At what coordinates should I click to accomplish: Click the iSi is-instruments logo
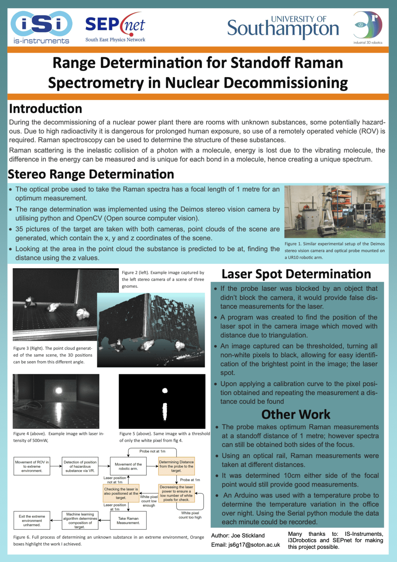point(41,27)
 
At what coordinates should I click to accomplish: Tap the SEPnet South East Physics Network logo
point(115,27)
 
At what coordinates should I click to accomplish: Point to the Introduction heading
point(46,109)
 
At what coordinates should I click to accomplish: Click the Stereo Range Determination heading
point(91,174)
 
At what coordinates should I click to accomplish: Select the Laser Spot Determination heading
point(296,274)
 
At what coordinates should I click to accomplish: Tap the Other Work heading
point(296,414)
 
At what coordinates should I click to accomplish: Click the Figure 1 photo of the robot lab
point(335,212)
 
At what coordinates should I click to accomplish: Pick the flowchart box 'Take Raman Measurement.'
point(128,521)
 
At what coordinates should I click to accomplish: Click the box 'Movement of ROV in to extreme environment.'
point(32,466)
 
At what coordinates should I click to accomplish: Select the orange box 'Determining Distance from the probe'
point(176,466)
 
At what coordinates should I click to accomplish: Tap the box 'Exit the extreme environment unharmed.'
point(32,521)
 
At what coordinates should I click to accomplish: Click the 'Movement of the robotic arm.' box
point(128,466)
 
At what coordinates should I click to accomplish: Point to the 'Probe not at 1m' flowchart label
point(152,451)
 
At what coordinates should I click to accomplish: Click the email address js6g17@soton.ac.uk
point(254,545)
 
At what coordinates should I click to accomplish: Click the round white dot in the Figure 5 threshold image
point(165,391)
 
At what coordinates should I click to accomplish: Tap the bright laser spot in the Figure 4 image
point(59,391)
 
